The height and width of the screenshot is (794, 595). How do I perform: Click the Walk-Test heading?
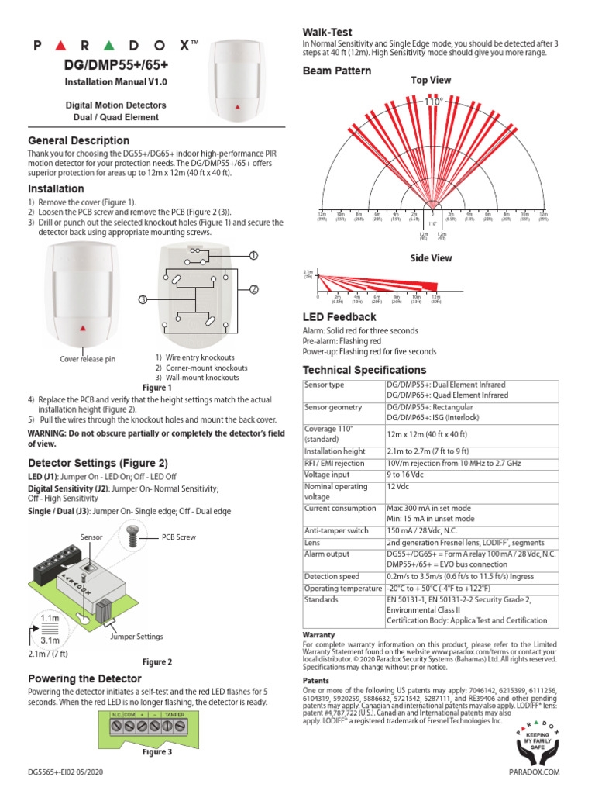[x=327, y=32]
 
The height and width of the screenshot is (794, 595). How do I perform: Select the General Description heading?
[x=78, y=140]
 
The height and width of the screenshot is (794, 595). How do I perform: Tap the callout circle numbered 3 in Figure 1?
[x=143, y=300]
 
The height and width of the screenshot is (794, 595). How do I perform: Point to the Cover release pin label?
[x=88, y=359]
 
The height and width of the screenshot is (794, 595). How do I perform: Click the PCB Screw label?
[x=179, y=537]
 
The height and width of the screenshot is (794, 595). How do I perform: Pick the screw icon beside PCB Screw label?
[x=131, y=535]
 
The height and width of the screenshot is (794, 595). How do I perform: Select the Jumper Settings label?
[x=136, y=636]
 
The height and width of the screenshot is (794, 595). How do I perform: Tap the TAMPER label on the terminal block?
[x=174, y=713]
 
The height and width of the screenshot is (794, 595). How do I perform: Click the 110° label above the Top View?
[x=434, y=101]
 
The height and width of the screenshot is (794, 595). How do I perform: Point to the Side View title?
[x=432, y=257]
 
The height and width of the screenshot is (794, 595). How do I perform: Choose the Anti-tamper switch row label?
[x=337, y=531]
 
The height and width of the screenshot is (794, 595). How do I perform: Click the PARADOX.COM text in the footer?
[x=534, y=772]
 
